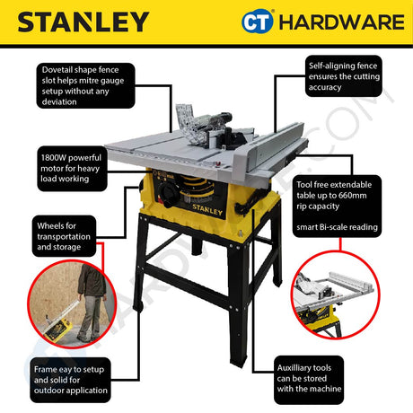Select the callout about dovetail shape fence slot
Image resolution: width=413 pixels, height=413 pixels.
click(86, 85)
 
